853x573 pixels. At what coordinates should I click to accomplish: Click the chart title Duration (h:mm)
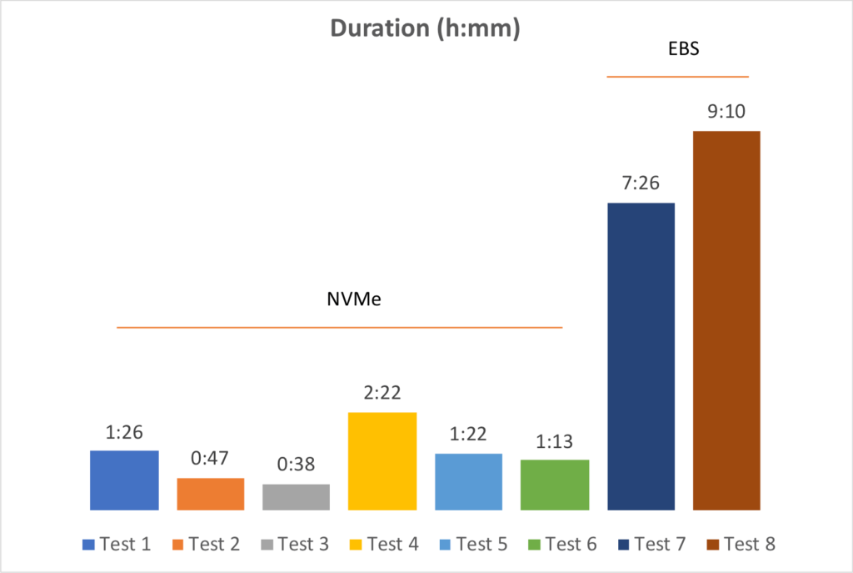coord(425,28)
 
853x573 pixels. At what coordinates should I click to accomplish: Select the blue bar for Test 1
coord(124,480)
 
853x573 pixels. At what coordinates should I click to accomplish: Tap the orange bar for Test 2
coord(210,494)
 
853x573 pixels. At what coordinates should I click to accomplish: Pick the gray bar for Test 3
coord(296,496)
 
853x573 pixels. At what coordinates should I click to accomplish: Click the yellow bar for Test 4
coord(382,460)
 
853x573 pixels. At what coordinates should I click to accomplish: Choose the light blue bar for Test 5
coord(468,481)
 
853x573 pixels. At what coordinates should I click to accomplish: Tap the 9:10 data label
coord(726,110)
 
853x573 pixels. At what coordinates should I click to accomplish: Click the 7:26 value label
coord(641,183)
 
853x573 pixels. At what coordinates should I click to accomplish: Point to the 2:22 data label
coord(382,392)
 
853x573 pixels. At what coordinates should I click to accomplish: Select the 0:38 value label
coord(296,465)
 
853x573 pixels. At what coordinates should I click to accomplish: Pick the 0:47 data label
coord(210,458)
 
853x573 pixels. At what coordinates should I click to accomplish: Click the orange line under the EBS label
coord(677,77)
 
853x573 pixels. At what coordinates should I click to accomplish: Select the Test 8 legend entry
coord(741,545)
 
